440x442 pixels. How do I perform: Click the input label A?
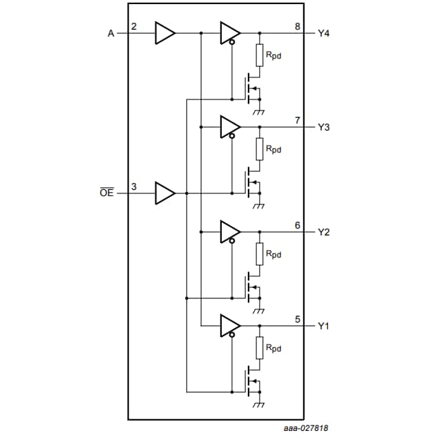pyautogui.click(x=111, y=33)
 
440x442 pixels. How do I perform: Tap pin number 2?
pyautogui.click(x=134, y=26)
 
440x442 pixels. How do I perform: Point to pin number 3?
pyautogui.click(x=134, y=186)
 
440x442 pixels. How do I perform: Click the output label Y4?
pyautogui.click(x=324, y=33)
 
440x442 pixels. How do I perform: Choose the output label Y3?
pyautogui.click(x=324, y=127)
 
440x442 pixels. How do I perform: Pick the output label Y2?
pyautogui.click(x=324, y=231)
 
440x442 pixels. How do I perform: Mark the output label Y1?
pyautogui.click(x=324, y=325)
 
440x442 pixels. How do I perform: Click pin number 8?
pyautogui.click(x=297, y=26)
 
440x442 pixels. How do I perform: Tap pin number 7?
pyautogui.click(x=297, y=120)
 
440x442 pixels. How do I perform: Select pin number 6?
pyautogui.click(x=297, y=224)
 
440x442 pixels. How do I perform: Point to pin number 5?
pyautogui.click(x=297, y=319)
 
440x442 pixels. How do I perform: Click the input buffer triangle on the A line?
pyautogui.click(x=165, y=33)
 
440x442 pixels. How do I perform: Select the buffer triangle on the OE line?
pyautogui.click(x=165, y=193)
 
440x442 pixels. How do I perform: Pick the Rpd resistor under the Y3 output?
pyautogui.click(x=260, y=148)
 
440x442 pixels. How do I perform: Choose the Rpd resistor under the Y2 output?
pyautogui.click(x=260, y=253)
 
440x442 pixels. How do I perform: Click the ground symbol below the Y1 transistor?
pyautogui.click(x=260, y=404)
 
